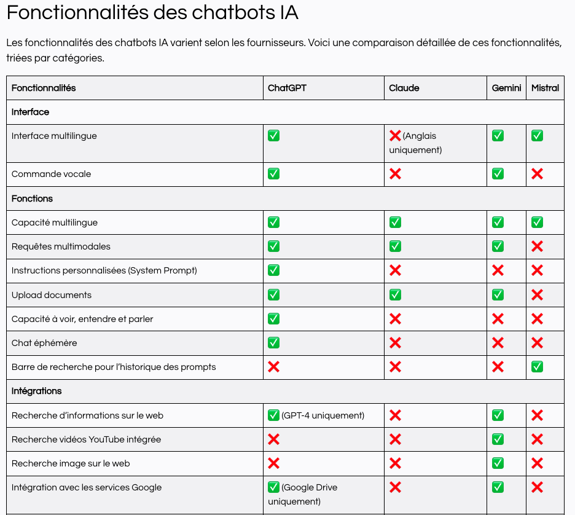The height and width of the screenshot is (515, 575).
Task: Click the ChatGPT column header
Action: [287, 88]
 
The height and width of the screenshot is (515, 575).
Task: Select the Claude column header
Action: [404, 88]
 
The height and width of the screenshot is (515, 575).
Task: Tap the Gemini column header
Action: [506, 88]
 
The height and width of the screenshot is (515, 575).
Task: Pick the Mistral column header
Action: [545, 88]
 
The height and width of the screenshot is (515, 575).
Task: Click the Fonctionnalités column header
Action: [44, 88]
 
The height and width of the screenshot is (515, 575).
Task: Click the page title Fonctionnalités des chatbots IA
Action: [152, 13]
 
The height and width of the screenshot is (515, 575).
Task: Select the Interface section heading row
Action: [30, 112]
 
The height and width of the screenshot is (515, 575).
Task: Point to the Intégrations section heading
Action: [37, 391]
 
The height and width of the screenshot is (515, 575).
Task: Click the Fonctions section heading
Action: [32, 199]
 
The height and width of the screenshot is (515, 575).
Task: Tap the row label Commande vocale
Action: [51, 174]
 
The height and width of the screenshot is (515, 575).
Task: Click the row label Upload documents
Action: [52, 295]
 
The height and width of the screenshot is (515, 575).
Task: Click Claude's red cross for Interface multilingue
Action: [395, 136]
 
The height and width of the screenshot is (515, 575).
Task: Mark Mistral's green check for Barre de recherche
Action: [537, 367]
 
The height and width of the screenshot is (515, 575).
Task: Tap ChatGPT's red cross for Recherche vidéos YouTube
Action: [273, 439]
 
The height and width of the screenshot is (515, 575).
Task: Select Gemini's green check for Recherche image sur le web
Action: [498, 463]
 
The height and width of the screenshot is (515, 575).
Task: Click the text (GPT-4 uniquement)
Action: [323, 415]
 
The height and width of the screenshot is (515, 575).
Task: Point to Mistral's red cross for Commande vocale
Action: [537, 174]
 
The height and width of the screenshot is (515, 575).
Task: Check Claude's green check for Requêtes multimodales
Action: [395, 246]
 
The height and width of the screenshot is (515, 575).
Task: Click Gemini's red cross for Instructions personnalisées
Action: [498, 270]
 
